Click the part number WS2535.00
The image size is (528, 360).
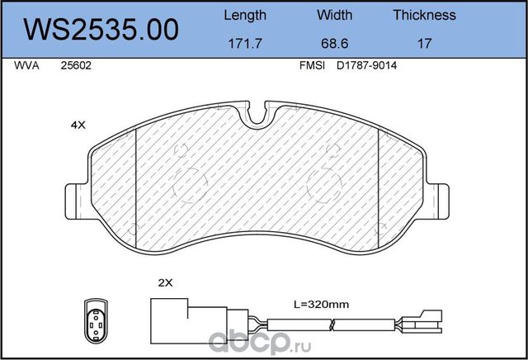pyautogui.click(x=101, y=30)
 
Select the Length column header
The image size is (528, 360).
pyautogui.click(x=245, y=16)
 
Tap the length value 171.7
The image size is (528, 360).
pyautogui.click(x=245, y=44)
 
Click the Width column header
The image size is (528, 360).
pyautogui.click(x=334, y=15)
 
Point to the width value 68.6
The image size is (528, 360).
pyautogui.click(x=334, y=44)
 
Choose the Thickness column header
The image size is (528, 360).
pyautogui.click(x=424, y=15)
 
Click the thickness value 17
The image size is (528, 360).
pyautogui.click(x=424, y=44)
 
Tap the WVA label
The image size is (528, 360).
pyautogui.click(x=26, y=65)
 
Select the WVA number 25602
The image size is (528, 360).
pyautogui.click(x=76, y=65)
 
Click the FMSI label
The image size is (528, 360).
pyautogui.click(x=312, y=65)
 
